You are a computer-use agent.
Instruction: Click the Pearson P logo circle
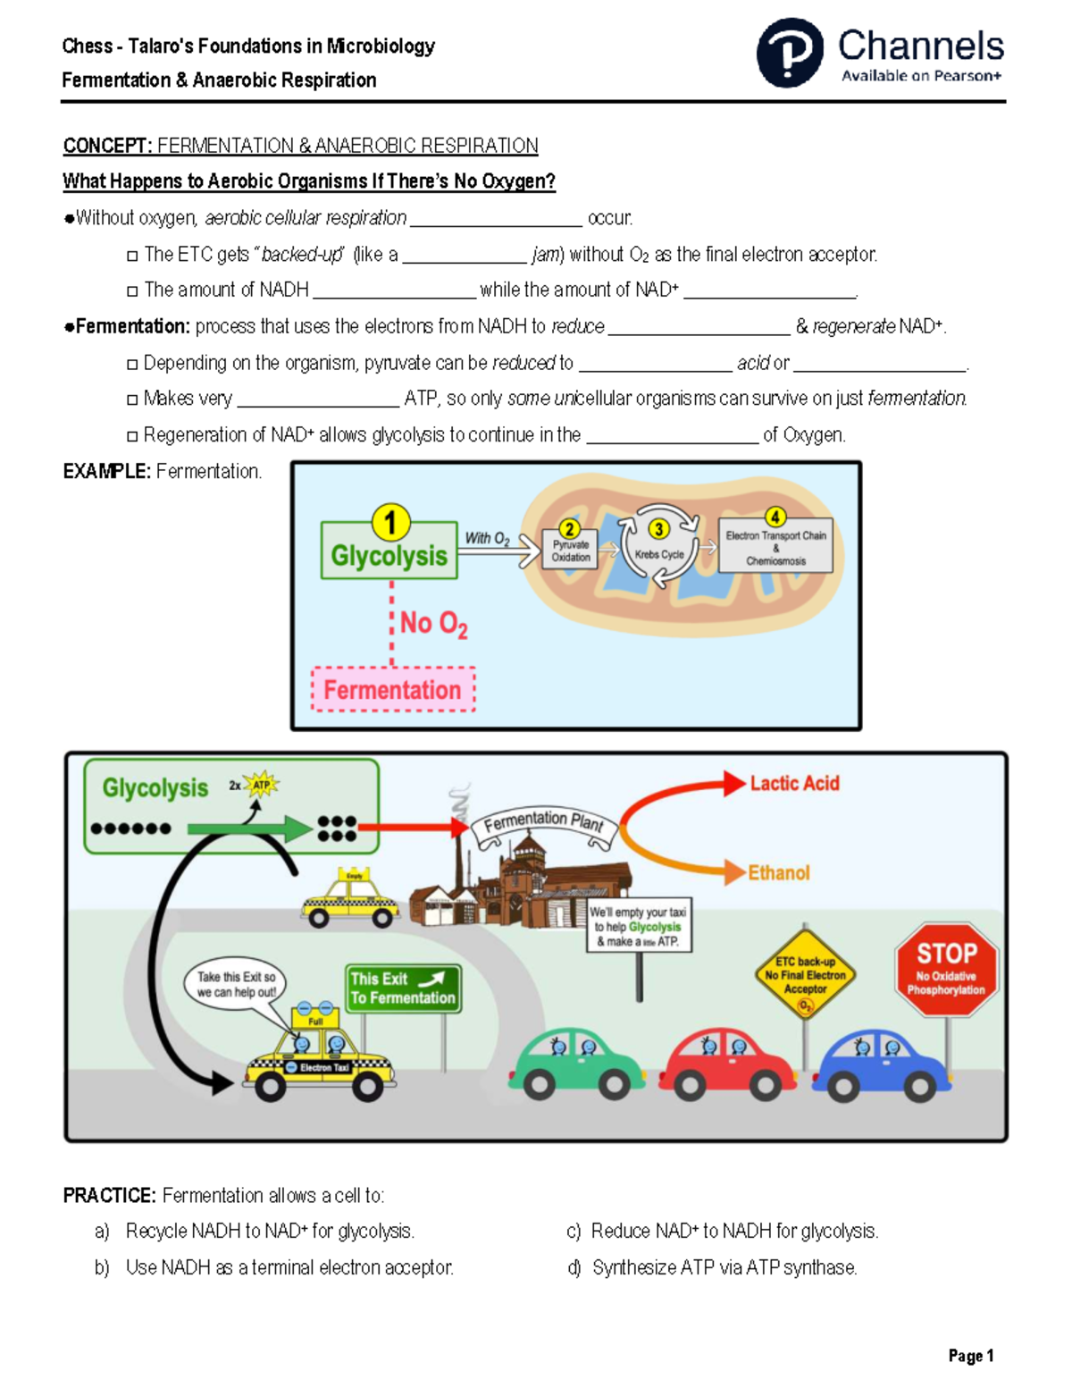pos(790,53)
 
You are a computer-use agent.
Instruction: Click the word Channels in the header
pos(920,46)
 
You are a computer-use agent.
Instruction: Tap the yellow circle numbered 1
pos(390,523)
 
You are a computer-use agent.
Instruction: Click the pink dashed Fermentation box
pos(392,690)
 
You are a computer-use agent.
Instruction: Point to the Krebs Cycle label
pos(659,555)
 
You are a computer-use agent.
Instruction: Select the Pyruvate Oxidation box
pos(570,551)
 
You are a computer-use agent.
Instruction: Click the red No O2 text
pos(433,623)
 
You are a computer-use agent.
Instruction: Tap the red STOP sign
pos(946,969)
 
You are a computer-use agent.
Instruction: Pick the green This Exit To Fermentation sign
pos(403,988)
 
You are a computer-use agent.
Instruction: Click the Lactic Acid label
pos(794,784)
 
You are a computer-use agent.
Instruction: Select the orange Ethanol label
pos(778,873)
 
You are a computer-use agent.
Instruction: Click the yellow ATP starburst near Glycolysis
pos(261,785)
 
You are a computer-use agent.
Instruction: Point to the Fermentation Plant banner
pos(543,820)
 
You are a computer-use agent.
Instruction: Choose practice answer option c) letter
pos(574,1232)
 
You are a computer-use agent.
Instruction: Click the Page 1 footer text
pos(971,1356)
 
